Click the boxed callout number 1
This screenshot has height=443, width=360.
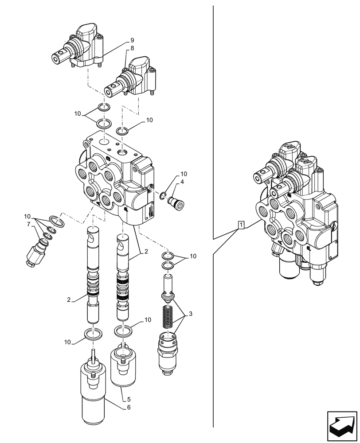[x=241, y=225]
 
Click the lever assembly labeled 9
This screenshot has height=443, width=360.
[x=80, y=47]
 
